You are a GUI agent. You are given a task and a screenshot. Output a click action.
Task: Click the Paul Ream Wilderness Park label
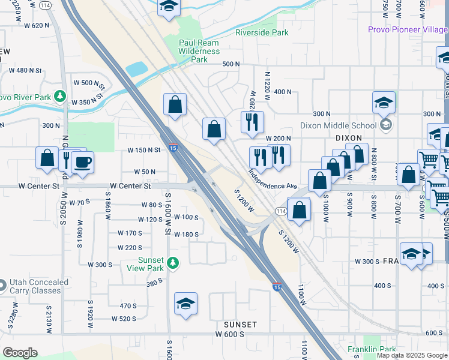(200, 51)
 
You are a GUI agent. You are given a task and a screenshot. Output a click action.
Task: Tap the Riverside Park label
(262, 32)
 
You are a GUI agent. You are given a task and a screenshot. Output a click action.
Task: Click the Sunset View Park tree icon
(173, 262)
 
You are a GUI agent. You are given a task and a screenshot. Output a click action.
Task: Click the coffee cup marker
(82, 161)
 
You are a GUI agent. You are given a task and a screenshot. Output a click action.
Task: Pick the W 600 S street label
(234, 334)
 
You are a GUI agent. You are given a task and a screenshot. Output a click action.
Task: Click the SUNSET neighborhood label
(240, 325)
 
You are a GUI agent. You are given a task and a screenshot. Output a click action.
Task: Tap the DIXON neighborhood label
(349, 137)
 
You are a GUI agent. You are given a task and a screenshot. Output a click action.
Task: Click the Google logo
(20, 353)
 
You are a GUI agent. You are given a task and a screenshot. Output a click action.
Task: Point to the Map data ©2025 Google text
(412, 355)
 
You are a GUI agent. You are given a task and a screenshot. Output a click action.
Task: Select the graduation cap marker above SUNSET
(186, 304)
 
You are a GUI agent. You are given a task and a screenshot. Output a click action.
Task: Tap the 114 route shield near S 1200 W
(280, 211)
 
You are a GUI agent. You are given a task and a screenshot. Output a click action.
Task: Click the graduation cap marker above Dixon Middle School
(384, 103)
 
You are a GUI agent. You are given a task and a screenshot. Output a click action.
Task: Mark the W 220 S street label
(130, 247)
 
